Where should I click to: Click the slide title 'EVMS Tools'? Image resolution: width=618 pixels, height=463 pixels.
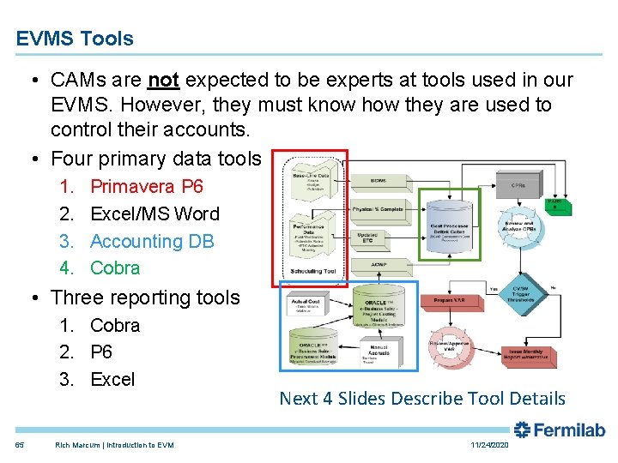[75, 39]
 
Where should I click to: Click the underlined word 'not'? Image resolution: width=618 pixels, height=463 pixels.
[163, 81]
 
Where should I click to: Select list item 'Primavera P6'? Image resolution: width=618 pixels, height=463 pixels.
[146, 186]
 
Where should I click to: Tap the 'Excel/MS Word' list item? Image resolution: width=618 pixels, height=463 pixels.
[154, 213]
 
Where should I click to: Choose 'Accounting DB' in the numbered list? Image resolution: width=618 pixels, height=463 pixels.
[152, 241]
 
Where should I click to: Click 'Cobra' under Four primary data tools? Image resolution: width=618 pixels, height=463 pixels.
[115, 268]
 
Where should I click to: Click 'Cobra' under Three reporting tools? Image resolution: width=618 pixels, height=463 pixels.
[115, 325]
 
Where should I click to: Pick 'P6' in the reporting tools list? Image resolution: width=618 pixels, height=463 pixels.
[101, 352]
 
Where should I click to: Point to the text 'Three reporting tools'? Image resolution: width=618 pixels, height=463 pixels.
[145, 298]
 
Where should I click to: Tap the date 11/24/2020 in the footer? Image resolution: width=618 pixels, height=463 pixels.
[490, 445]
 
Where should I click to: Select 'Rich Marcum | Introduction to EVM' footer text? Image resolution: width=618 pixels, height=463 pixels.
[114, 445]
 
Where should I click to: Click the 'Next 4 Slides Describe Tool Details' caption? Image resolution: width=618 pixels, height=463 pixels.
[422, 398]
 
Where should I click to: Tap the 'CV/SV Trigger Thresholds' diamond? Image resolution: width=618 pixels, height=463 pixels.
[520, 294]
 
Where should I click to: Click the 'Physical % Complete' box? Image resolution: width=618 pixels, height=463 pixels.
[379, 209]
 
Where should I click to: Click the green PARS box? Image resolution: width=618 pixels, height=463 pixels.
[554, 203]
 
